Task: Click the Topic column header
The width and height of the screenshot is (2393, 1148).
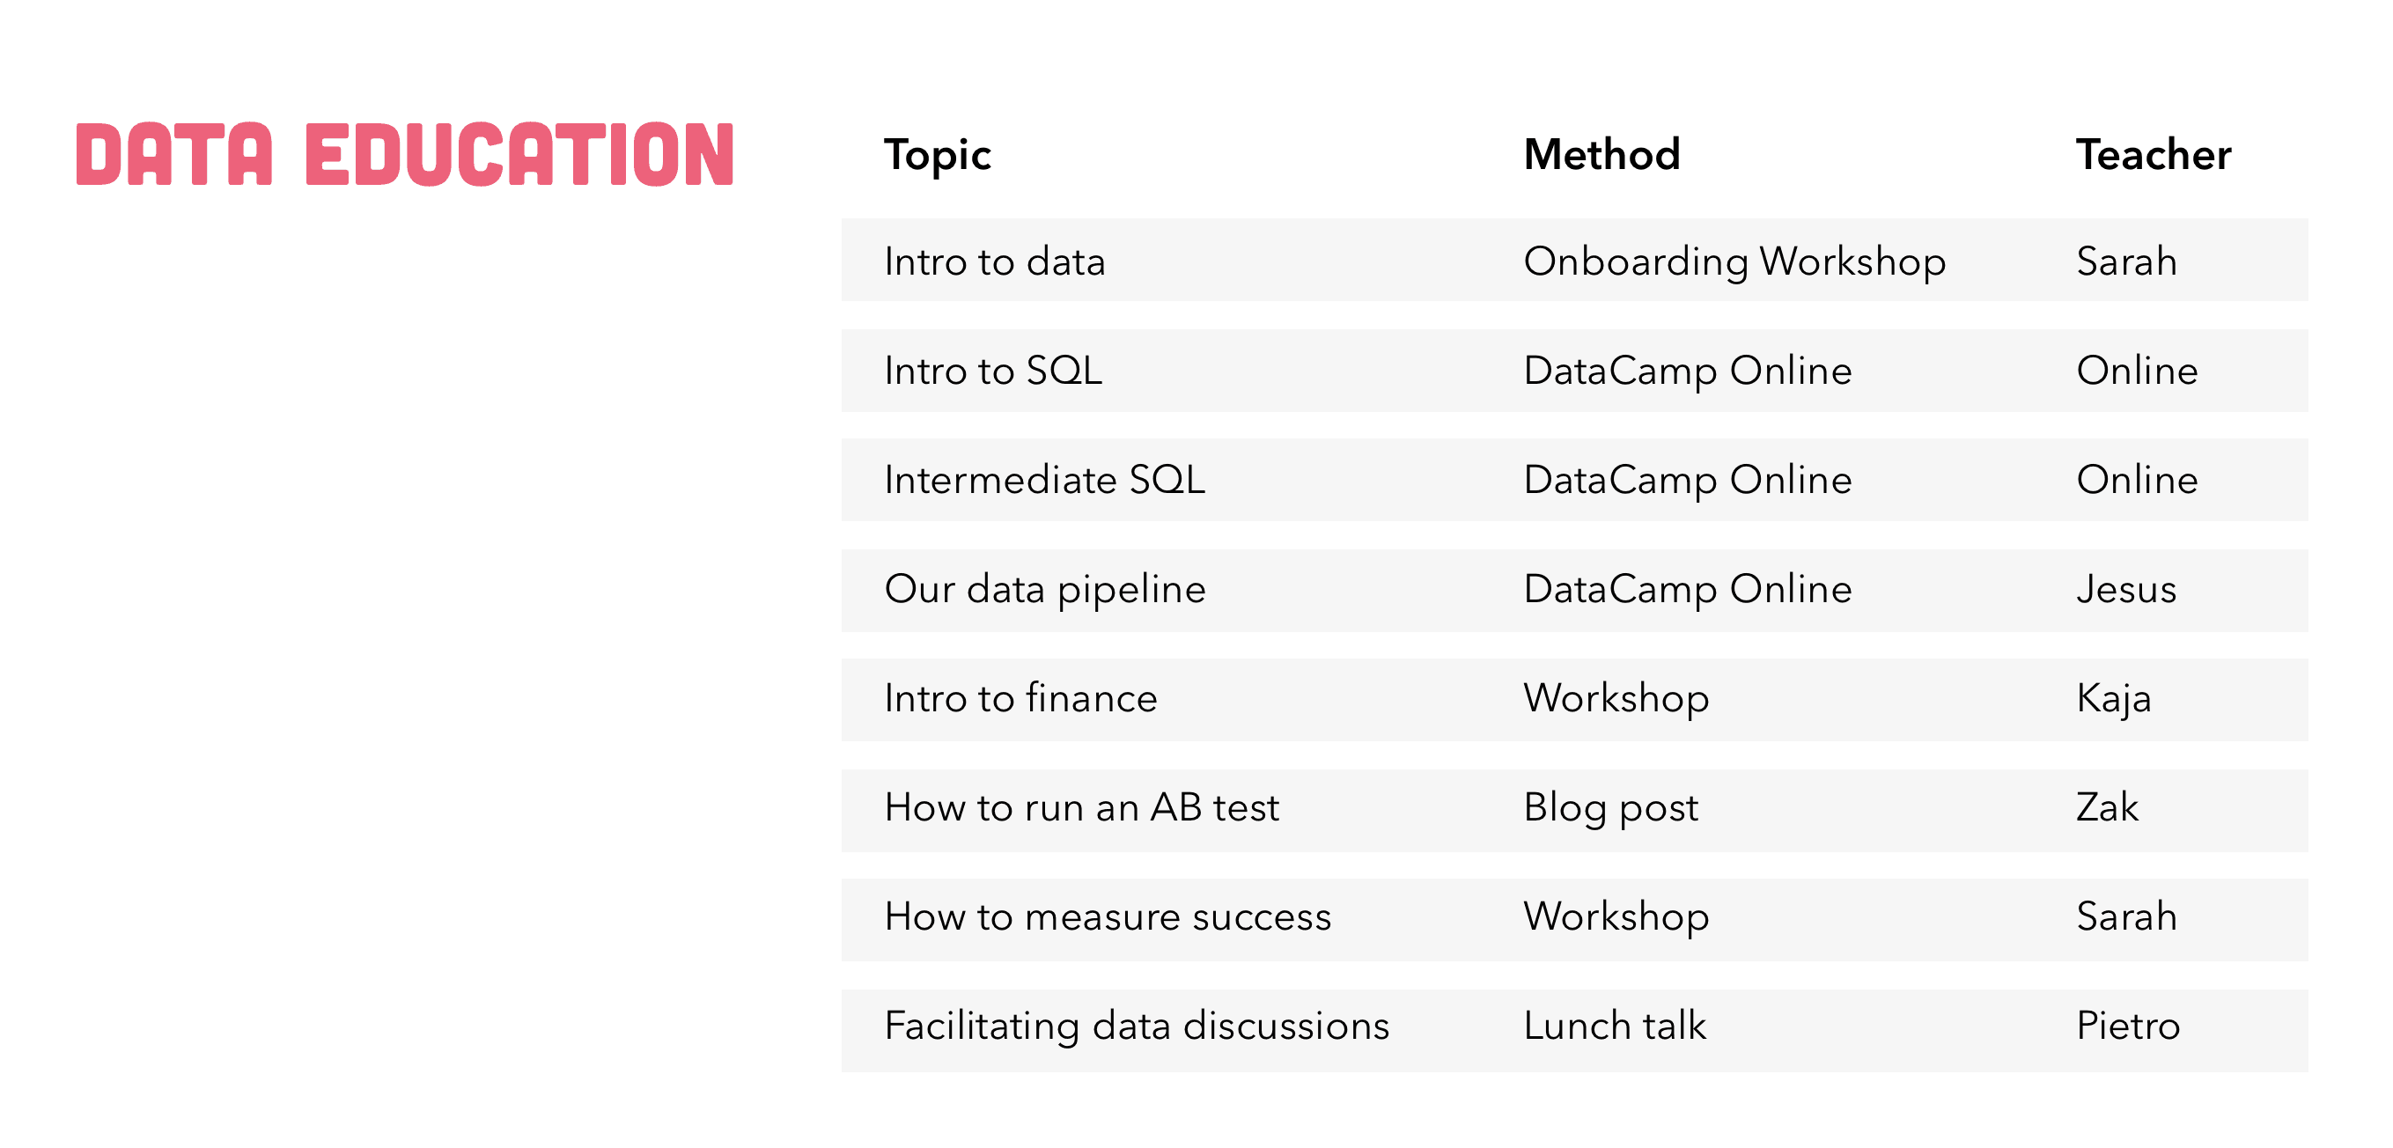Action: pos(938,155)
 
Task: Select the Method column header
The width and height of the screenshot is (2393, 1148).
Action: pos(1601,155)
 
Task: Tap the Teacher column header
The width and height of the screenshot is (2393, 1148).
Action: pos(2154,155)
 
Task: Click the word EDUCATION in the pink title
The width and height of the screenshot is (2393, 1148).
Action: pos(519,155)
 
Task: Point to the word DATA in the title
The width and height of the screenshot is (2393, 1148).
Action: pos(173,155)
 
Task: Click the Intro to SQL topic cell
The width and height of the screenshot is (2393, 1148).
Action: pos(993,372)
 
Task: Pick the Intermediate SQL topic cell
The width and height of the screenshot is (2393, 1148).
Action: pos(1044,480)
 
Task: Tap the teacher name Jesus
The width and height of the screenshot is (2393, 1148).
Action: pos(2125,590)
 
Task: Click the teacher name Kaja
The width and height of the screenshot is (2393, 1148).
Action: pos(2113,698)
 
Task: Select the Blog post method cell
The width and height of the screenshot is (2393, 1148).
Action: pos(1611,808)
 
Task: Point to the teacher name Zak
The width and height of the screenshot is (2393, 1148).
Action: pos(2107,808)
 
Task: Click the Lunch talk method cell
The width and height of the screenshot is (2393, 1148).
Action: pos(1615,1027)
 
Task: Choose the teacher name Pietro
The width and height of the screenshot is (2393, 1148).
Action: pos(2127,1027)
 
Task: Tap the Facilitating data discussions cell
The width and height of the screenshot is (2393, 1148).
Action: pos(1136,1027)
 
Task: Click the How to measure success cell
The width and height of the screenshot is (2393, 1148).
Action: pos(1108,917)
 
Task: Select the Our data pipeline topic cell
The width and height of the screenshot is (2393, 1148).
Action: pos(1044,590)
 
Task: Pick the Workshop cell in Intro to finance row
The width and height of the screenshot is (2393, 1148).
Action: pos(1616,698)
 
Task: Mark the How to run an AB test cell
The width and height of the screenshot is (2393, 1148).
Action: pos(1081,808)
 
